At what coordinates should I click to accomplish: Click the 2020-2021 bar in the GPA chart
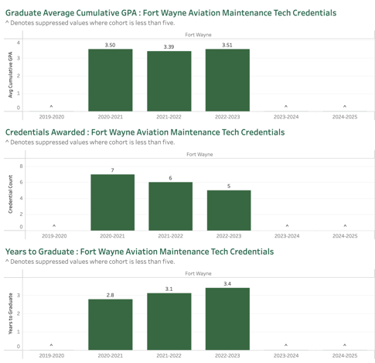point(111,80)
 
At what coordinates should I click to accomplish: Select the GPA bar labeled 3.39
point(169,81)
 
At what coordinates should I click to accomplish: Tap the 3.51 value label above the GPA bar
point(227,45)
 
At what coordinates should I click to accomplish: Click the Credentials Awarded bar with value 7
point(113,203)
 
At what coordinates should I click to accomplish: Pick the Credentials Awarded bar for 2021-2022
point(171,207)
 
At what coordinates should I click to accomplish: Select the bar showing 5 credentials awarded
point(229,211)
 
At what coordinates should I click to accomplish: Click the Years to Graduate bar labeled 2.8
point(111,324)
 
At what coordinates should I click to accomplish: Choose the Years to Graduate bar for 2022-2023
point(227,319)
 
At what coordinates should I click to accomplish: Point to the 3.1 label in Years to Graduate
point(169,289)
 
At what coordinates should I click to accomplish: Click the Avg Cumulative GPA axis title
point(10,75)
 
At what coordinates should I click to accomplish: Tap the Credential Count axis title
point(10,194)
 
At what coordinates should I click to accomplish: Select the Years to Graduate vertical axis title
point(10,313)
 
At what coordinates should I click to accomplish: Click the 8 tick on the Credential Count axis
point(21,166)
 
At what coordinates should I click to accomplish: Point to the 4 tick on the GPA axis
point(19,43)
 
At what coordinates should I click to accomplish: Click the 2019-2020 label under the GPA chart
point(52,117)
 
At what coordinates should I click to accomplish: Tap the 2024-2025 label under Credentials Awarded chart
point(345,236)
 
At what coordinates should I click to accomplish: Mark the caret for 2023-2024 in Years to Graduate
point(286,345)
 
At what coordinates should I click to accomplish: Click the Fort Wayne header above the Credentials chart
point(199,154)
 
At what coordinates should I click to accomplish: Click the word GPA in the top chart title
point(129,12)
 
